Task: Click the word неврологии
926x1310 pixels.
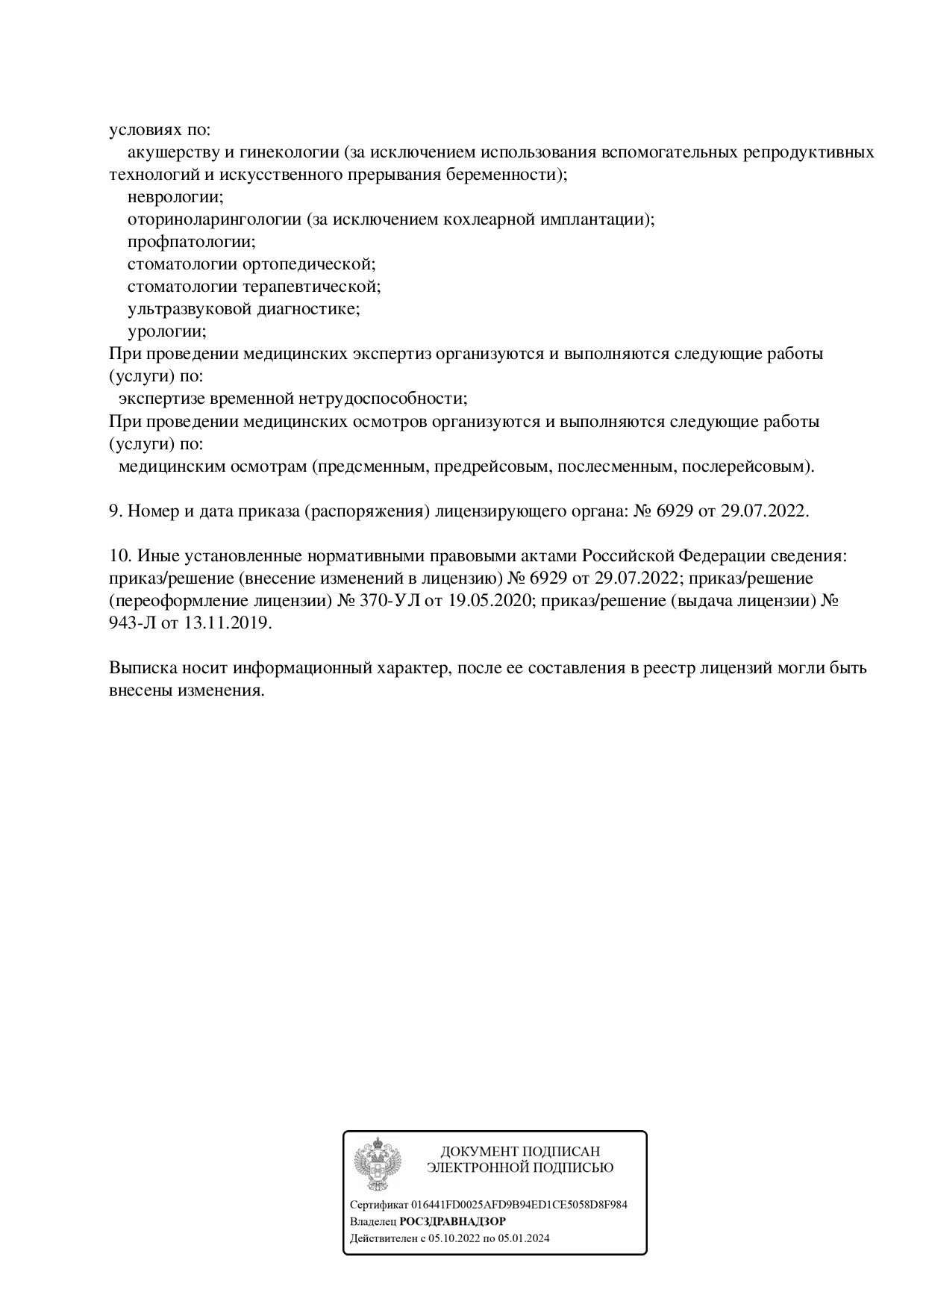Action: pos(175,197)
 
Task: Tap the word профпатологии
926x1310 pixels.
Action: pos(191,242)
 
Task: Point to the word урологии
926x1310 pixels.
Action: pos(166,331)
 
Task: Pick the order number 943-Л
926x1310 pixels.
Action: pos(133,623)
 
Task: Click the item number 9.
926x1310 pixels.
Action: pos(115,511)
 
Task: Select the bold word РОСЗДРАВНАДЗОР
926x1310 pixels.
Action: pos(452,1222)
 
